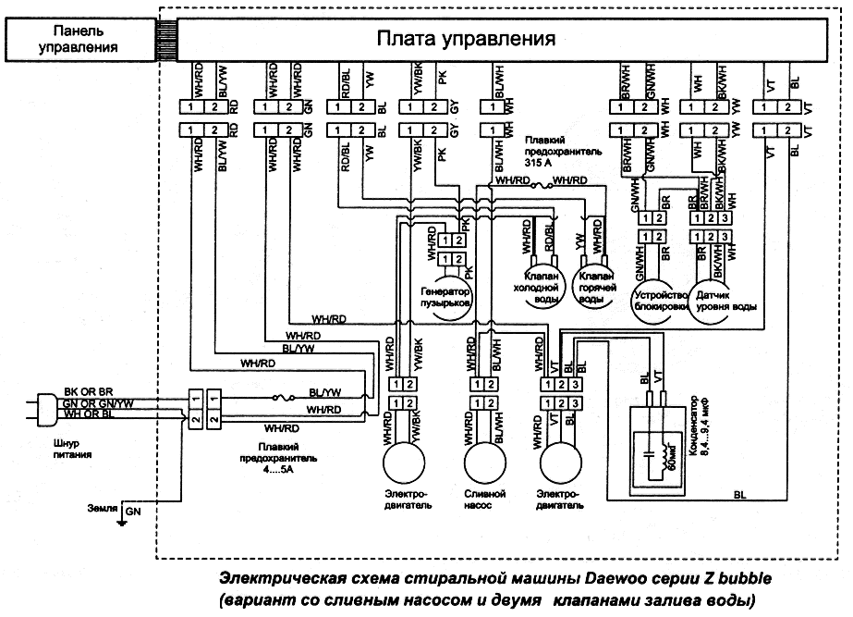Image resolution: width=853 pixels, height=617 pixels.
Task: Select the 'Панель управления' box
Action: tap(79, 40)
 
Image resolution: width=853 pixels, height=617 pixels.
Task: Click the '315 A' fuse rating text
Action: tap(541, 160)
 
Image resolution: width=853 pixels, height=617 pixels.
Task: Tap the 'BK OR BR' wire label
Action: tap(85, 392)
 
